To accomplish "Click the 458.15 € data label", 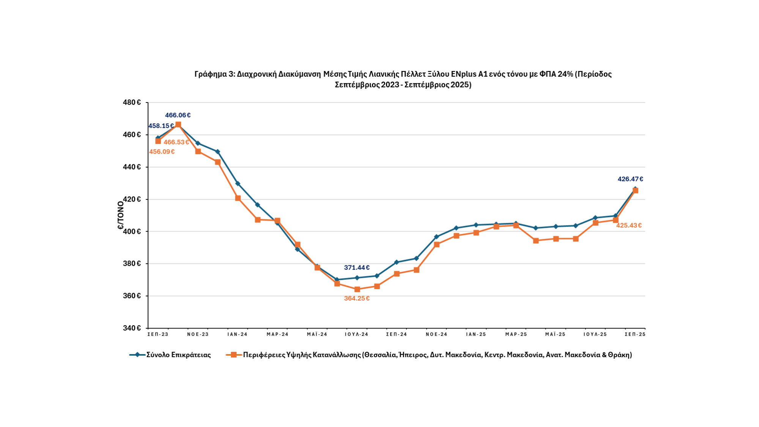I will (161, 126).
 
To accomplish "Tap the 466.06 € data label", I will (178, 115).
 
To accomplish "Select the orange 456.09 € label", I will (162, 152).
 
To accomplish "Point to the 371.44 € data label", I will (357, 268).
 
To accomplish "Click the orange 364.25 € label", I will (357, 298).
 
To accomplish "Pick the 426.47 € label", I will (630, 179).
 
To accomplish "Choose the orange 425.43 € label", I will (629, 225).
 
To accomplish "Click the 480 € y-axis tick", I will (132, 102).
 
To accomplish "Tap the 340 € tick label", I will (132, 328).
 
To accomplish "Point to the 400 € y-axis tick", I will (132, 232).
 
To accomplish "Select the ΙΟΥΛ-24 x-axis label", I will (357, 334).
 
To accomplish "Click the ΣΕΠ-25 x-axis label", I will (635, 334).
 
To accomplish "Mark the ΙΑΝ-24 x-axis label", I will (238, 334).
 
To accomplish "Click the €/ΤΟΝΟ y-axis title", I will (121, 215).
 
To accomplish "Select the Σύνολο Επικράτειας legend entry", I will (178, 355).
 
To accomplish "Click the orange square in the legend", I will (234, 355).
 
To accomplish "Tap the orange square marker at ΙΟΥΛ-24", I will (357, 289).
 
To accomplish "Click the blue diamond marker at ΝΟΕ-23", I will (198, 143).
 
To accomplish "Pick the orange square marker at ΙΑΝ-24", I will (238, 198).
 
